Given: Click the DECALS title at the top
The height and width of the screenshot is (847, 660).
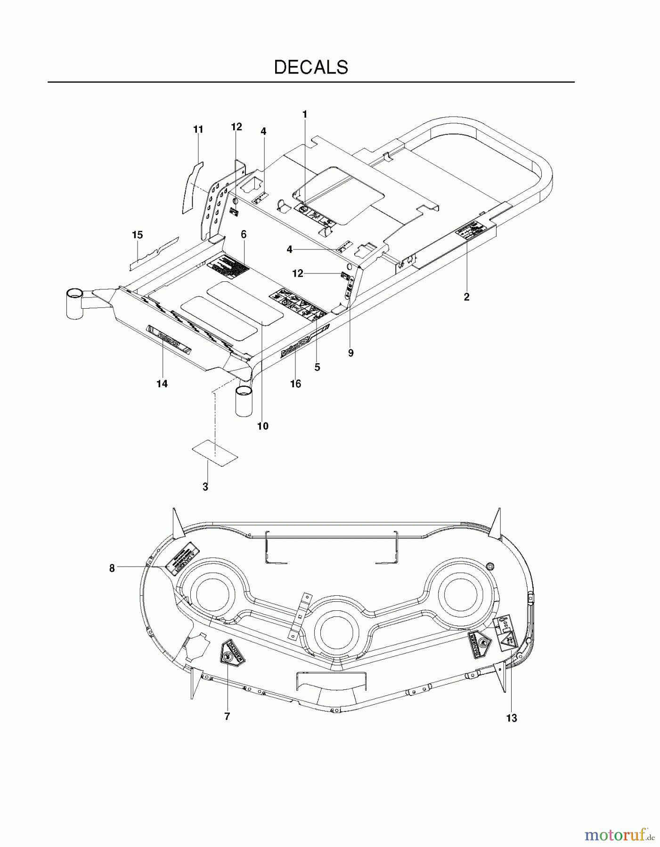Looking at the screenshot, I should (x=311, y=67).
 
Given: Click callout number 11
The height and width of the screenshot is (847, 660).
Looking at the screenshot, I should (x=198, y=129).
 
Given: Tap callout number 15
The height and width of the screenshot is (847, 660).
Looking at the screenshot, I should (x=137, y=235).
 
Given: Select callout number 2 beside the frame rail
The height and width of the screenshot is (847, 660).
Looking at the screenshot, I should (x=466, y=297).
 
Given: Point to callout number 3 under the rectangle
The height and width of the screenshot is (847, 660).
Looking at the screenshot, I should (x=205, y=487).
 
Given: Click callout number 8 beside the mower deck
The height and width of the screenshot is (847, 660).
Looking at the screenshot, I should (x=112, y=568).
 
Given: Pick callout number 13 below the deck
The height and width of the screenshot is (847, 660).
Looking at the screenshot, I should (x=512, y=718).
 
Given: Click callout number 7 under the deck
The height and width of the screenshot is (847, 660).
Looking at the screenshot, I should (x=227, y=717).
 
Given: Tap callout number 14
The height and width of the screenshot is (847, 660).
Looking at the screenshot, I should (x=162, y=384).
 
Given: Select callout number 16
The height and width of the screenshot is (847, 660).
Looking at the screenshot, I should (x=295, y=384).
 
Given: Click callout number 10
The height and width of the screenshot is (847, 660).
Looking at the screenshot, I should (x=263, y=426).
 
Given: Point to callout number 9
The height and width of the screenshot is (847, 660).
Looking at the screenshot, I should (x=350, y=353).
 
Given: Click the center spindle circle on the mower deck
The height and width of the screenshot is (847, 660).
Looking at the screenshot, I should (x=337, y=631).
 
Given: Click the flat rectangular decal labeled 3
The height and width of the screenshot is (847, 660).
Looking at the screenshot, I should (x=214, y=453).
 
